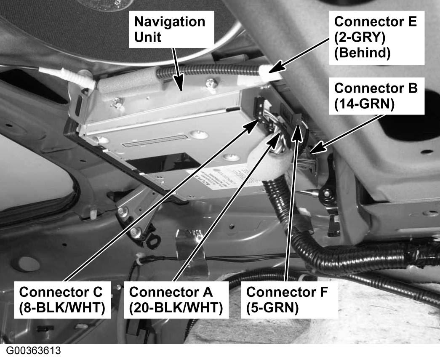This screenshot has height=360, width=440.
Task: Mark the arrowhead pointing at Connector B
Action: click(314, 149)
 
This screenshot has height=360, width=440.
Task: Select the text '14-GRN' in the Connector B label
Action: click(364, 104)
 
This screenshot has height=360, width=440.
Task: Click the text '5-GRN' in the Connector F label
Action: click(272, 307)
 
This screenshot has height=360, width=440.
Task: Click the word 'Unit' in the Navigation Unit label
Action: click(147, 37)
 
